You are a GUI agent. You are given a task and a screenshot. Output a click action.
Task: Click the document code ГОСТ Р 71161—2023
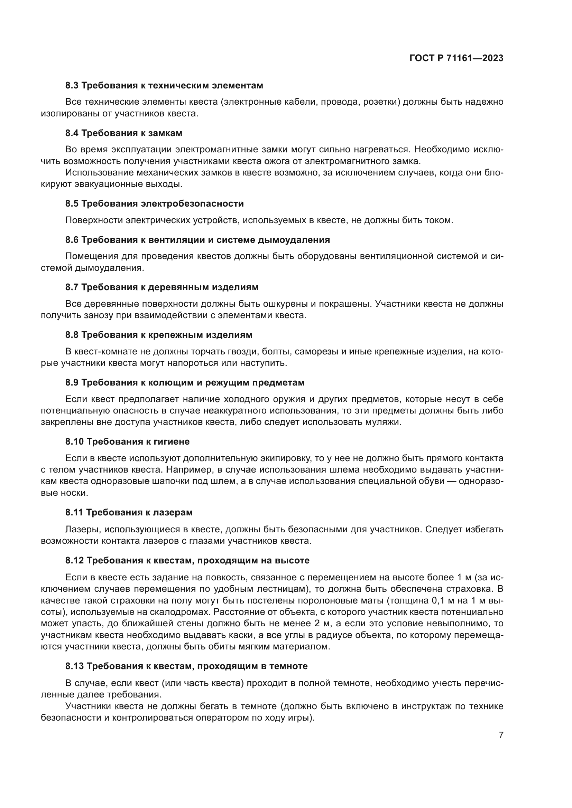456,58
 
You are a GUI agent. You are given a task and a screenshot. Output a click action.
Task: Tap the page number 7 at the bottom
501,735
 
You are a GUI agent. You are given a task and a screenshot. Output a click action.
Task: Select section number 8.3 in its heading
72,86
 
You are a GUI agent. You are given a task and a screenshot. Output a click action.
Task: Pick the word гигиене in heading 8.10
173,442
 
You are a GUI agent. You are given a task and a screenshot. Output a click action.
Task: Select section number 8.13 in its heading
74,666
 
